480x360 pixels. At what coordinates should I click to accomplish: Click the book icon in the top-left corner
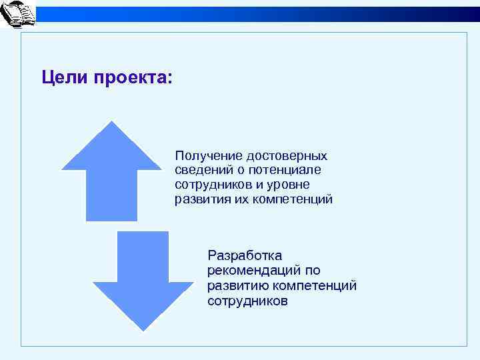tap(18, 15)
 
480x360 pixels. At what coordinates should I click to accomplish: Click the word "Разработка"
tap(245, 255)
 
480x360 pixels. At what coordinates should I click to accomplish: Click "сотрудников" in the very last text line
tap(248, 301)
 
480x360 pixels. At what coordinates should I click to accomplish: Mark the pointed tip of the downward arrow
tap(143, 329)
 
